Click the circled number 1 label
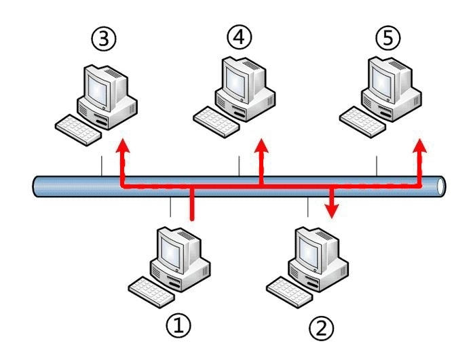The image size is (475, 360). pos(178,325)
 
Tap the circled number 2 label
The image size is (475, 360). pos(322,327)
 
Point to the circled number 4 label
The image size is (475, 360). pos(240,37)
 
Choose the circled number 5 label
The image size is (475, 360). pos(387,39)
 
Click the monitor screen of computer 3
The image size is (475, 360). pos(98,89)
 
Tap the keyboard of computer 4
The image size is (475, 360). pos(216,122)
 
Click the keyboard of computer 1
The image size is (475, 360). pos(151,292)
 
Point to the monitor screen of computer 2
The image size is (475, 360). pos(308,252)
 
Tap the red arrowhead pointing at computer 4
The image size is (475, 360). pos(261,145)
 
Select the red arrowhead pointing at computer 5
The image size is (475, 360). pos(420,146)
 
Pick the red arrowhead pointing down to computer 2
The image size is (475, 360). pos(332,211)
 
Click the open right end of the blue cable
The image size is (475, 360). pos(441,186)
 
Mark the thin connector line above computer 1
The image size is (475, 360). pos(170,207)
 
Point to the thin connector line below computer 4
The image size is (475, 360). pos(240,165)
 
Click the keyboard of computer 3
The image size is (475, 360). pos(78,130)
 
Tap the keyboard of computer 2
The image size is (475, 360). pos(289,292)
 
